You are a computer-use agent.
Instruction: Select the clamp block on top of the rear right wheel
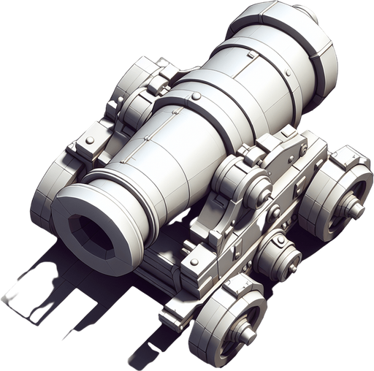click(343, 157)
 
